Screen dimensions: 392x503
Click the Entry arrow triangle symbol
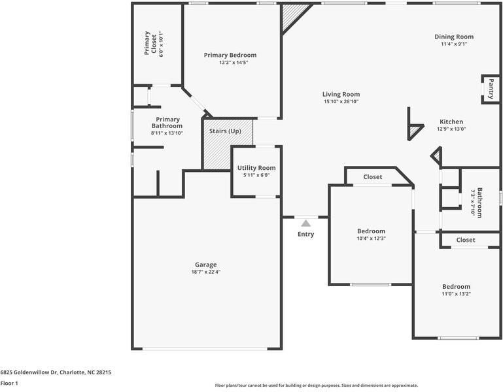(x=305, y=223)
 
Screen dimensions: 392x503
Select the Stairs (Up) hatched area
(x=226, y=144)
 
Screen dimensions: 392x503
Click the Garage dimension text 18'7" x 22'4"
(x=205, y=272)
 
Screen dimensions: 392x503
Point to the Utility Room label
(x=256, y=168)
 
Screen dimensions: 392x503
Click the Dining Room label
(x=454, y=37)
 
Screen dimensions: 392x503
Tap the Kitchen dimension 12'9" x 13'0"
(x=451, y=129)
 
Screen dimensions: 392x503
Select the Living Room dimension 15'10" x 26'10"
(x=341, y=101)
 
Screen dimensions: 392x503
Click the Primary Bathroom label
(x=167, y=122)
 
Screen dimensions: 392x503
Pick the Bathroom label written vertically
(x=479, y=203)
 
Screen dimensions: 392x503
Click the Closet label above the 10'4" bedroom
(x=373, y=177)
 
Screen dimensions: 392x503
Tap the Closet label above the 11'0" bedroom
(x=466, y=240)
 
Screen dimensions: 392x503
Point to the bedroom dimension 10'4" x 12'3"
(x=371, y=238)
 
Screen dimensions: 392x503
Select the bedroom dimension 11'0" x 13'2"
(x=456, y=294)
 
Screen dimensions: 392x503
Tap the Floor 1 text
(x=9, y=383)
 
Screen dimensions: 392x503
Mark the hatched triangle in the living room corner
(x=292, y=16)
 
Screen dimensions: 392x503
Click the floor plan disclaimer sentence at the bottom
(x=316, y=385)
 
